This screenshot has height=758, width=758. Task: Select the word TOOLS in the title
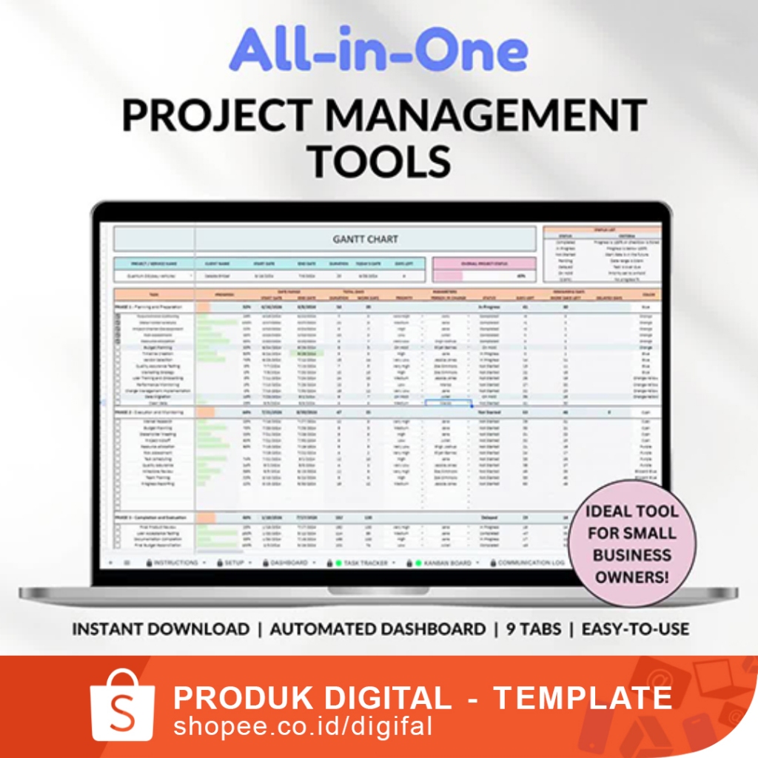point(379,161)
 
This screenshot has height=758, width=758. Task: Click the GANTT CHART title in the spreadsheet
point(365,239)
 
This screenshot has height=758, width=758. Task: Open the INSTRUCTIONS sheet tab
point(172,563)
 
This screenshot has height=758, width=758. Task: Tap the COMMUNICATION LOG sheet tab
point(529,563)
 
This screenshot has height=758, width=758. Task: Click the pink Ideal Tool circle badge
point(631,543)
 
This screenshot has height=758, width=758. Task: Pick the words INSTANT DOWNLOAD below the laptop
point(161,629)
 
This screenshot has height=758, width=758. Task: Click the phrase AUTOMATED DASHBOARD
point(378,629)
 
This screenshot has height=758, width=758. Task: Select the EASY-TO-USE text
point(635,629)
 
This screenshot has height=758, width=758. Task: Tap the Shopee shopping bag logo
point(122,703)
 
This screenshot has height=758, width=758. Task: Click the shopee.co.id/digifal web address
point(302,725)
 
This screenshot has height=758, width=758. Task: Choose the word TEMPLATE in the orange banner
point(583,697)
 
